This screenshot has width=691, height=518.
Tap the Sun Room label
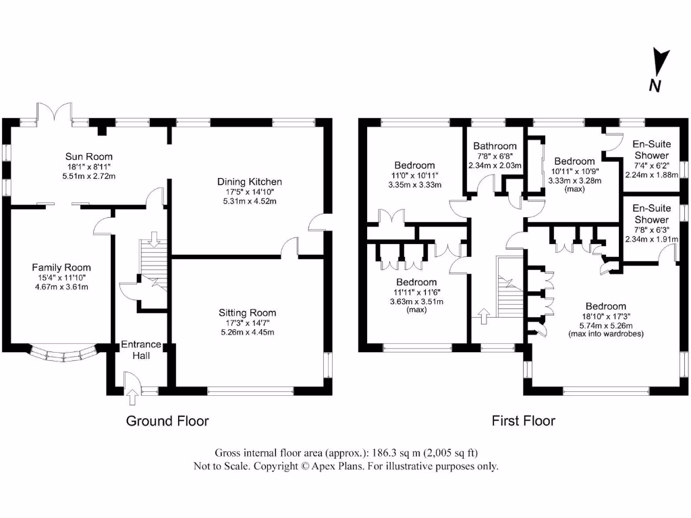coord(88,156)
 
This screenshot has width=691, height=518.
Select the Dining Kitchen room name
coord(250,181)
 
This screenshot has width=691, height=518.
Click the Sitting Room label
coord(247,313)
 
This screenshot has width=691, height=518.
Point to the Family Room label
coord(61,267)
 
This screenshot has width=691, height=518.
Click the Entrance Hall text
coord(141,350)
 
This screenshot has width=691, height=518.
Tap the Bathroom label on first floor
coord(495,146)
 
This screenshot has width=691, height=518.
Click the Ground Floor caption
coord(167,421)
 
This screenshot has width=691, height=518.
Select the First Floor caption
coord(523,421)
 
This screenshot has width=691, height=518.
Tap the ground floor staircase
coord(153,265)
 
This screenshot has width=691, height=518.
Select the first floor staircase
coord(509,287)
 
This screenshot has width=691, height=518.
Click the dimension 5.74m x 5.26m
coord(606,326)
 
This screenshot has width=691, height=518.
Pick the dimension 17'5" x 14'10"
coord(250,192)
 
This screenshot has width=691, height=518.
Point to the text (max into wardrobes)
coord(606,334)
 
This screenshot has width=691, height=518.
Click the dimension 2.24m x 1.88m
coord(651,175)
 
